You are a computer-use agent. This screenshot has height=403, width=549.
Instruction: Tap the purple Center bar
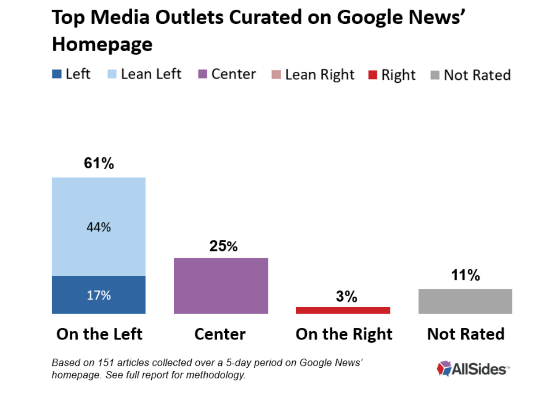coord(221,285)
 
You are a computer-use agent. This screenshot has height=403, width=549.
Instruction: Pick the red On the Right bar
coord(343,310)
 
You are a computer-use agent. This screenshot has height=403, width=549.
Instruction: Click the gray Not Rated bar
coord(465,301)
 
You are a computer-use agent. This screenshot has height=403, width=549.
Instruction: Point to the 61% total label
coord(99,163)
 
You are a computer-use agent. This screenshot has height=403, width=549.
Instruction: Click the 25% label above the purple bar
coord(224,246)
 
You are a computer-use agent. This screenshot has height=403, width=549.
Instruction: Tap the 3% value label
coord(346,297)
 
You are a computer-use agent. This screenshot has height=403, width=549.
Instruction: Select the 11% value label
coord(465,275)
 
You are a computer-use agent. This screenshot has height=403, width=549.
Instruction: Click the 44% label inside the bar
coord(99,227)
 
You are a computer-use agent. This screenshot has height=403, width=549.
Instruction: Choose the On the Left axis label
coord(99,334)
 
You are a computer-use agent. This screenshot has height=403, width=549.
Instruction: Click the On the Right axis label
coord(344,334)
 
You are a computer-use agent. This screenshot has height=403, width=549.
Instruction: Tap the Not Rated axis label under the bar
coord(466,334)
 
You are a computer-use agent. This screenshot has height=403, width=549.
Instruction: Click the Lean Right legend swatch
coord(276,75)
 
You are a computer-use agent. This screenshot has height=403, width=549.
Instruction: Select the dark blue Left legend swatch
coord(57,74)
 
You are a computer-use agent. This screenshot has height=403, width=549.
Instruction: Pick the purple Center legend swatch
coord(203,74)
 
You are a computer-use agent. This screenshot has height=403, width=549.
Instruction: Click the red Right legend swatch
coord(373,75)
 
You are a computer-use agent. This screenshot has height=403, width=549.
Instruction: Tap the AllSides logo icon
coord(444,368)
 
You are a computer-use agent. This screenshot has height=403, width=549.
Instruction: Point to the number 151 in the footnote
coord(106,363)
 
